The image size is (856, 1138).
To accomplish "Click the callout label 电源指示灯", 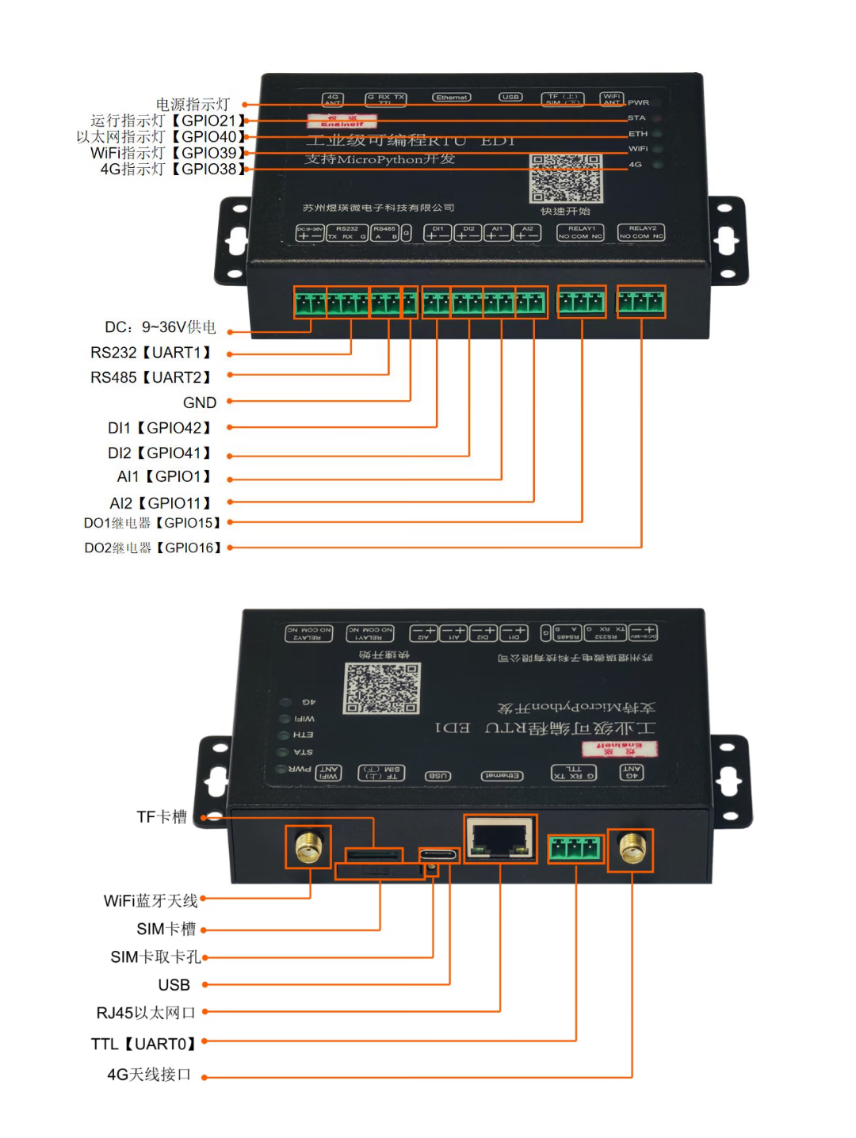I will pos(193,105).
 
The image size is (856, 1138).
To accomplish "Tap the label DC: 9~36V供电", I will pos(160,327).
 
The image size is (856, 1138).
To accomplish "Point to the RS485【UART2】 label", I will pos(151,377).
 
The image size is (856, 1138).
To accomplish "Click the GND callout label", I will pos(200,403).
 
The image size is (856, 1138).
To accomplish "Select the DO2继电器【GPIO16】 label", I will pos(153,548).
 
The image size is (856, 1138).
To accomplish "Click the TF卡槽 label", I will pos(162,817).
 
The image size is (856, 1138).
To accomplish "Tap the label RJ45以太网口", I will pos(146,1013).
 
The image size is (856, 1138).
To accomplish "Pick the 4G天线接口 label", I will pos(149,1075).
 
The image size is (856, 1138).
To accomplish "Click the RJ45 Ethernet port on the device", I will pos(500,838).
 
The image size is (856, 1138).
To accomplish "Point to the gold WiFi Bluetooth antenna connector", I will pos(308,846).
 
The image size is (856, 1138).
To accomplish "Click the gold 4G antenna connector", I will pos(631,850).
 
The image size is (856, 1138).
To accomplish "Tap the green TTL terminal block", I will pos(575,849).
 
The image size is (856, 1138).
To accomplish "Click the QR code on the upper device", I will pos(566,178).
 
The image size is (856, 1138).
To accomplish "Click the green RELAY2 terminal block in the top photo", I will pos(641,302).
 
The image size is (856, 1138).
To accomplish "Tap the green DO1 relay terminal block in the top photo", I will pos(582,302).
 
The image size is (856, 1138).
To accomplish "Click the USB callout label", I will pos(174,985).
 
